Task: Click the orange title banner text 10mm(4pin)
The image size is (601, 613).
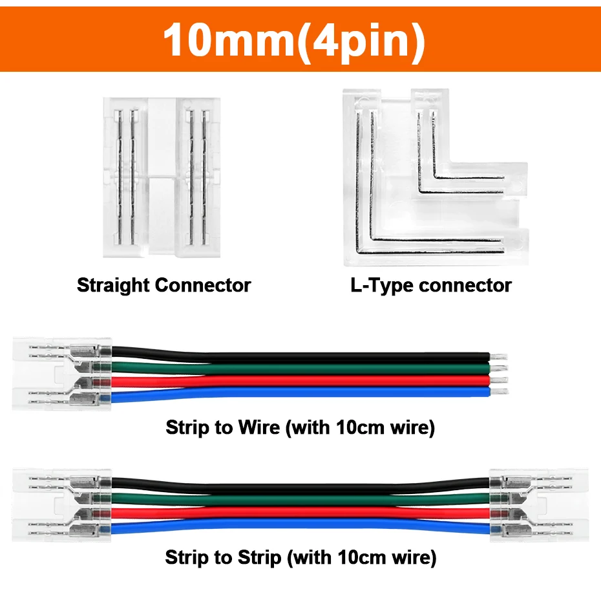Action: click(294, 39)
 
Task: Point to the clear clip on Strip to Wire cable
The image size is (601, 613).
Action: click(61, 374)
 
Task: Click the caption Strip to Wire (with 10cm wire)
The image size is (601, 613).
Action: click(300, 428)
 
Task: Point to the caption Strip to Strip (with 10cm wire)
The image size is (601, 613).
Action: click(300, 557)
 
